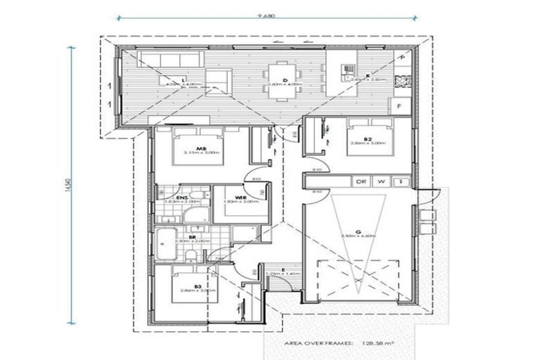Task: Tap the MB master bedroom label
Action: tap(200, 148)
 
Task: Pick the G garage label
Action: tap(358, 231)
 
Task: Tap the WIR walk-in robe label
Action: tap(240, 198)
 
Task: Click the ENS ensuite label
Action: tap(181, 198)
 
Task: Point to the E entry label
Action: tap(281, 269)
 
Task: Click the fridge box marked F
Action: tap(401, 106)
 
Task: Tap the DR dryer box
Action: tap(361, 181)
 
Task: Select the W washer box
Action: tap(381, 181)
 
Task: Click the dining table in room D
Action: tap(285, 82)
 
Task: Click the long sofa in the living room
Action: tap(161, 58)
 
